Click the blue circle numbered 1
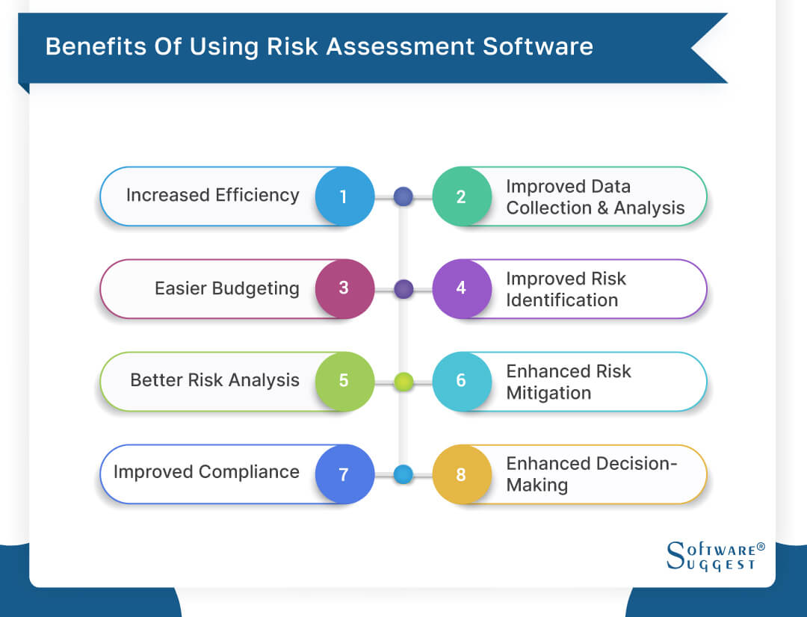344,196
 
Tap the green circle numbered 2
461,196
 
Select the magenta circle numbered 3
344,288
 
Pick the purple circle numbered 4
461,288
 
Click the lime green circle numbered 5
344,381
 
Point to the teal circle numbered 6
461,381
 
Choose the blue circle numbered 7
344,474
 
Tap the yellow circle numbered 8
461,474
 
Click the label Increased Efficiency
212,196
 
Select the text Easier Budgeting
226,288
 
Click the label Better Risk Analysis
214,380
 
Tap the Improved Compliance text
206,472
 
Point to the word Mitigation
548,393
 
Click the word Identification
562,300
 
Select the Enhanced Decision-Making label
590,474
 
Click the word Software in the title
537,46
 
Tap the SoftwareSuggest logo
714,556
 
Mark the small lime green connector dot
403,382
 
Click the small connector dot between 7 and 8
403,474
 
